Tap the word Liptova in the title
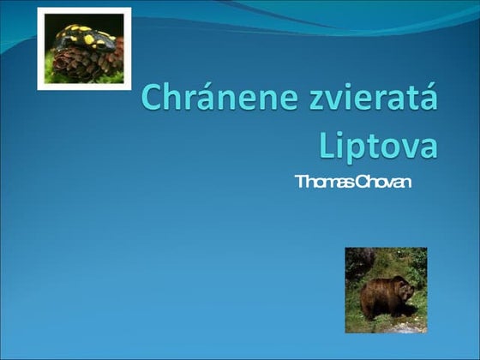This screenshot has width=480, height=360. [378, 143]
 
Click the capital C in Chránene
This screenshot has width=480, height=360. [154, 100]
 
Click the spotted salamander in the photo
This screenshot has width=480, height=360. [84, 39]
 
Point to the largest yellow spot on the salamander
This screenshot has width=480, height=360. [88, 39]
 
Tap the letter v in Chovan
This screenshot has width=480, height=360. [389, 183]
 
